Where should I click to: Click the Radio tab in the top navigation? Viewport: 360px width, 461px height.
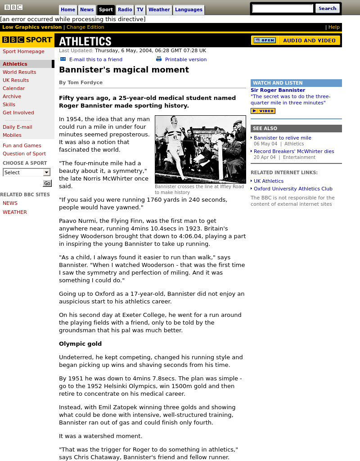pos(125,9)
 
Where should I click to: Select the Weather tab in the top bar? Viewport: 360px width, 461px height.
pos(159,9)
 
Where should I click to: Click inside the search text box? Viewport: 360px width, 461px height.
pos(283,9)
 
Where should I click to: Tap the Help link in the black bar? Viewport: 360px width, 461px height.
pos(334,27)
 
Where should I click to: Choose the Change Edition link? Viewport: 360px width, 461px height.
pos(85,27)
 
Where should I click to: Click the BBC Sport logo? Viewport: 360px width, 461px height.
pos(27,40)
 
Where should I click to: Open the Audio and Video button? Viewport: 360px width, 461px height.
pos(296,41)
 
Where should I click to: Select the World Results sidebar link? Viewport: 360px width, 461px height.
pos(19,72)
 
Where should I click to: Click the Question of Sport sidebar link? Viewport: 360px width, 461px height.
pos(24,154)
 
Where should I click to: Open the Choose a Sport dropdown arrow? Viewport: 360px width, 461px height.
pos(46,172)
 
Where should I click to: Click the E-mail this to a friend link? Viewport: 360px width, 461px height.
pos(95,59)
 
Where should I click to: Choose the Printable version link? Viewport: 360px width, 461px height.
pos(185,59)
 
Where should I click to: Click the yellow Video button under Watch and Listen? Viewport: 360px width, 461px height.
pos(263,111)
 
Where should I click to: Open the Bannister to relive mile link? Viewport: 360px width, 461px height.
pos(282,138)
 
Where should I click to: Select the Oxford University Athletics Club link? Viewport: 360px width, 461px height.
pos(293,189)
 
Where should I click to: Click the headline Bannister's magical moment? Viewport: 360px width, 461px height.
pos(124,70)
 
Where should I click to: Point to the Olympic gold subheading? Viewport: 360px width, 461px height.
pos(80,343)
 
